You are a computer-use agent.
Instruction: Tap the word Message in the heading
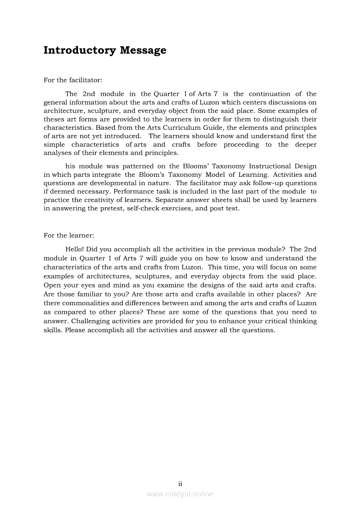click(x=143, y=51)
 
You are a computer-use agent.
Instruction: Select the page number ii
click(x=180, y=484)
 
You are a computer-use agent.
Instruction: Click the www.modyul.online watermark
click(x=180, y=494)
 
